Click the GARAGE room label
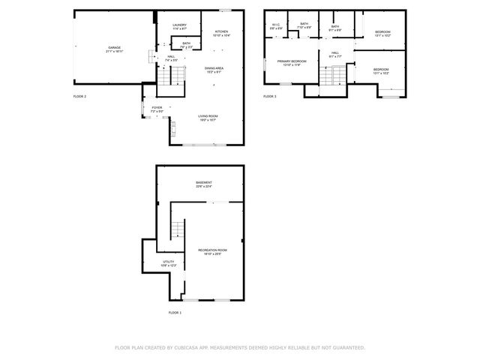114,48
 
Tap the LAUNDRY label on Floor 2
179,25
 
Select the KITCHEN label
221,31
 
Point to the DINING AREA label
214,68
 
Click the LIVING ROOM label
208,116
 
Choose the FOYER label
157,107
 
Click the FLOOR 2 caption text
80,97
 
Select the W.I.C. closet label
275,25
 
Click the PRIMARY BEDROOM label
292,61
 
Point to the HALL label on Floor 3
335,52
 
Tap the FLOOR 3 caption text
270,97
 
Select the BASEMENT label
204,182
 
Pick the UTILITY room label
168,262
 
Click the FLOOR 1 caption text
175,312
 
